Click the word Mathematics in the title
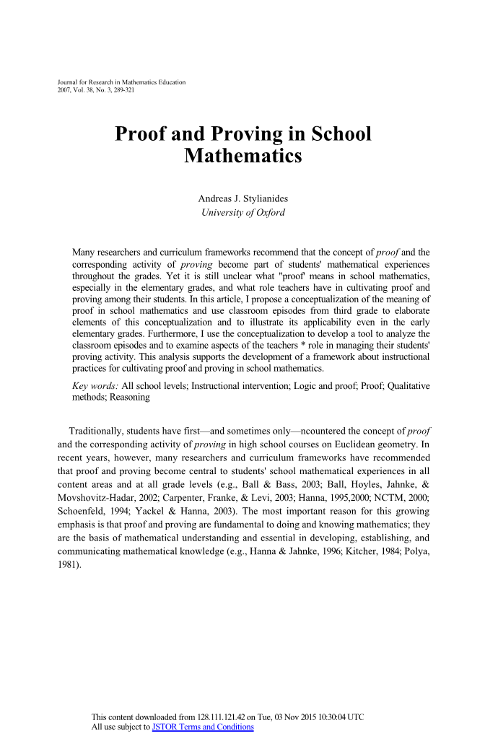242,154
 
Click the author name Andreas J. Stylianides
242,198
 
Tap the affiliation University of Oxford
242,212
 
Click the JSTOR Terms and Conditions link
204,727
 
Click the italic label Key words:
96,387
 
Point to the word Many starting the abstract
85,253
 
